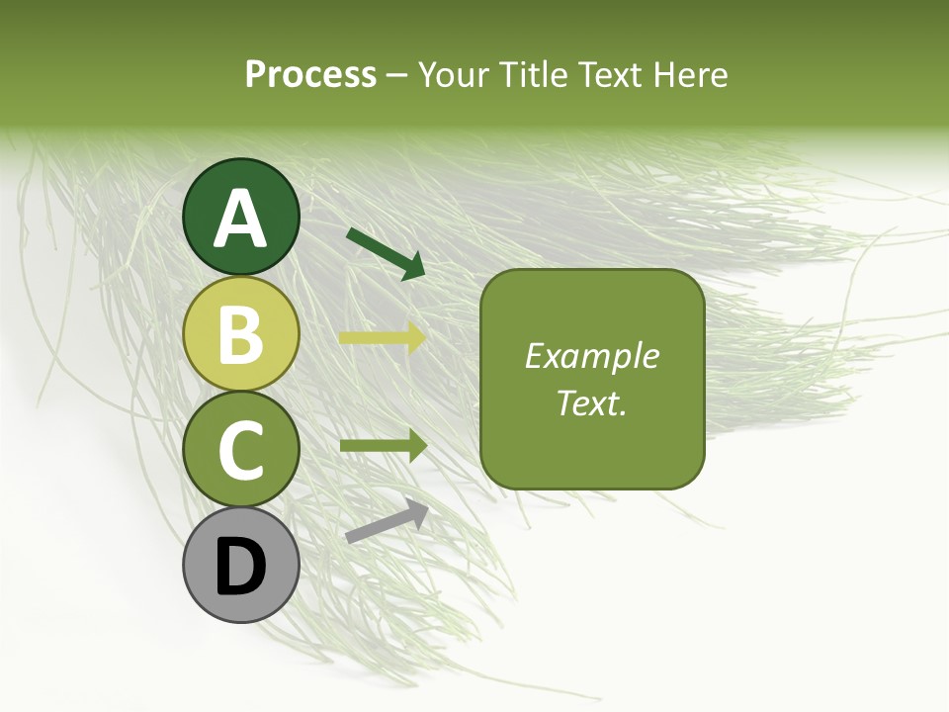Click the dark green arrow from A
[386, 253]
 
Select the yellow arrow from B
[383, 338]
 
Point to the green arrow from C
[384, 445]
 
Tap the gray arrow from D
[387, 521]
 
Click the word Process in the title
[310, 75]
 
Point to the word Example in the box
[592, 356]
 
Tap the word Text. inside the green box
[592, 402]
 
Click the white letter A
[241, 219]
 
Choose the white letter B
[241, 335]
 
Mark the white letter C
[241, 451]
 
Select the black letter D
[241, 568]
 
